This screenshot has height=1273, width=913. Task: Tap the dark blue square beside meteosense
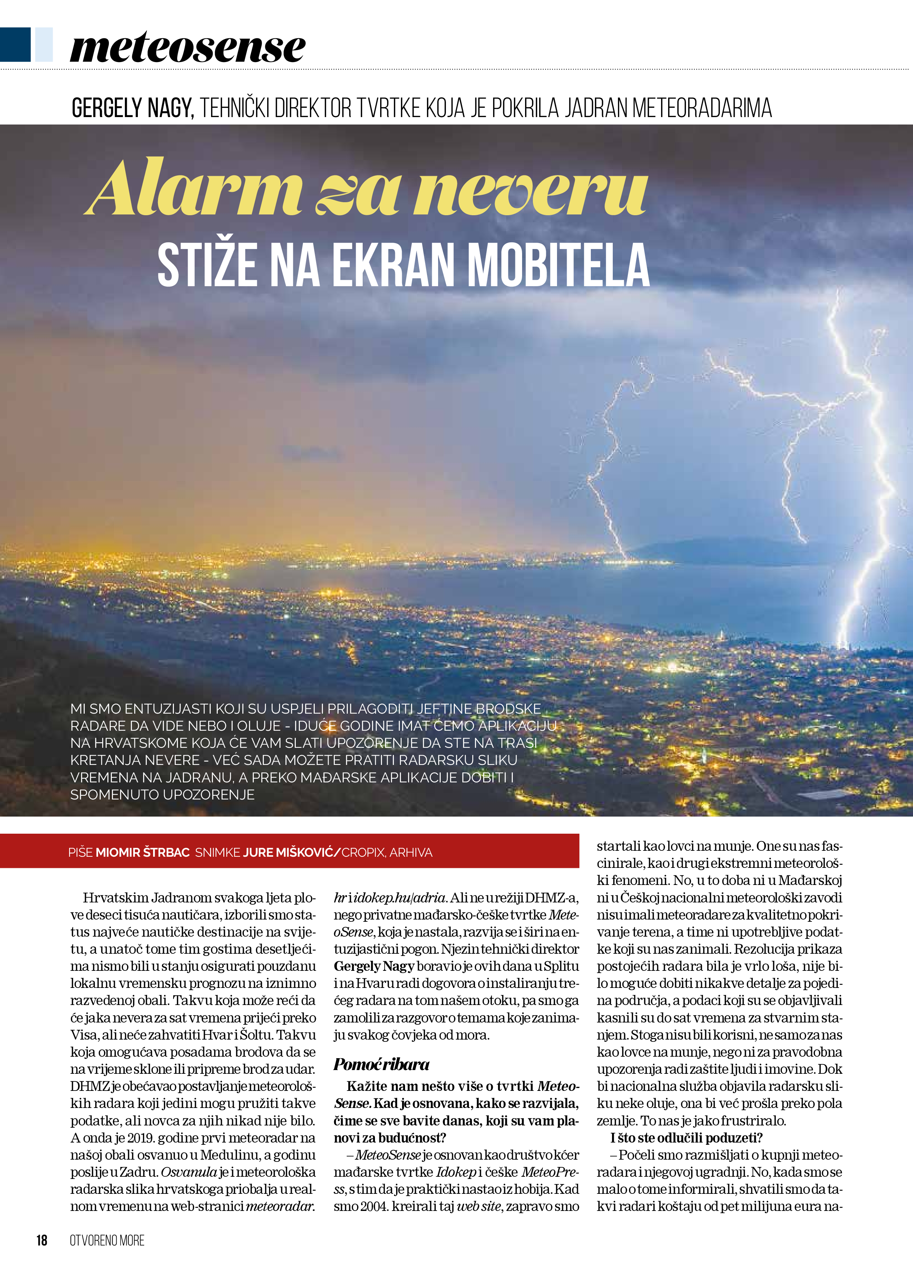15,44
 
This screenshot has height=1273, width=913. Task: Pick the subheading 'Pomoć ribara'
382,1064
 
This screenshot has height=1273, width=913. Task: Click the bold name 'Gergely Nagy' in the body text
374,966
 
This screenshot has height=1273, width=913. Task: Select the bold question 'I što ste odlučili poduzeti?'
686,1138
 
